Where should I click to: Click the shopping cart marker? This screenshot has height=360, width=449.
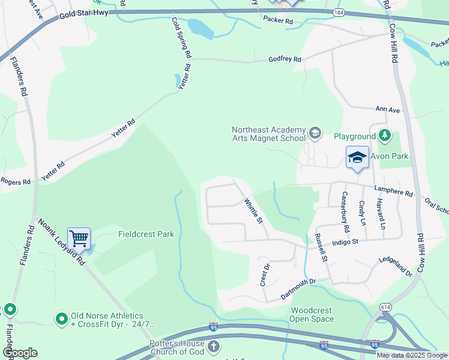(x=79, y=238)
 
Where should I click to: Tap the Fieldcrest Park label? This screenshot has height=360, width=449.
(x=146, y=234)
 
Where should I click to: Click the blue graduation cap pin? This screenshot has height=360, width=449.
(x=357, y=157)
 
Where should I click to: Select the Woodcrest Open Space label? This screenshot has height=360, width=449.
(x=312, y=315)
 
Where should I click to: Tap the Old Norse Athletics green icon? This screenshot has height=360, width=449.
(x=61, y=319)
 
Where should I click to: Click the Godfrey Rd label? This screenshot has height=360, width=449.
(x=284, y=59)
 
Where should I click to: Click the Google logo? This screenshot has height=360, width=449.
(x=20, y=353)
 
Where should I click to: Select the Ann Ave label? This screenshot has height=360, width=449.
(x=387, y=110)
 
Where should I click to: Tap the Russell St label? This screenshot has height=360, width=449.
(x=319, y=248)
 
